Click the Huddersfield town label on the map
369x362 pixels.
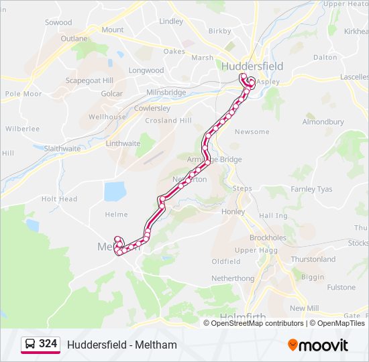[x=252, y=66]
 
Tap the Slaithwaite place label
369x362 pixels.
[x=62, y=148]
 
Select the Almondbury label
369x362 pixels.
[x=323, y=122]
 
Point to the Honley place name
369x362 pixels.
[x=233, y=211]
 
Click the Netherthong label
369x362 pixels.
[x=233, y=278]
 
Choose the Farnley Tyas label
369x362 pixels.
[x=311, y=190]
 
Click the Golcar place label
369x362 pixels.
[x=111, y=94]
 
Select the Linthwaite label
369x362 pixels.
[x=123, y=143]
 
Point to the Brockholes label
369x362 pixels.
[x=268, y=238]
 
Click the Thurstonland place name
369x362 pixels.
[x=313, y=259]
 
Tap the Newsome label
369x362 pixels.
[x=252, y=131]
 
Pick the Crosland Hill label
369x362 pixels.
[x=168, y=121]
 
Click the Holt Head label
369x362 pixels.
[x=59, y=199]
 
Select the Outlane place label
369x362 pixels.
[x=74, y=39]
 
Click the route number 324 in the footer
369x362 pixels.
[x=48, y=344]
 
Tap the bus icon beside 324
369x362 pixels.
[x=30, y=345]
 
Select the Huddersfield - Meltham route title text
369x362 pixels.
[x=121, y=345]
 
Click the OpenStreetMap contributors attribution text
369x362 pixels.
[x=257, y=323]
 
